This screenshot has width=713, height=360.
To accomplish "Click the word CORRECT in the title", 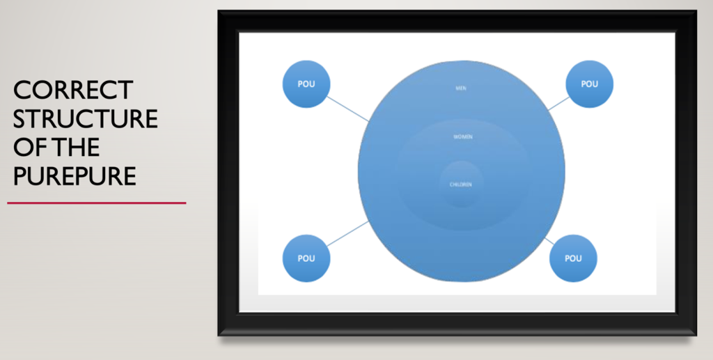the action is pos(73,90).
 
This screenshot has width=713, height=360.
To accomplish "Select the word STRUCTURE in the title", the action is pos(86,118).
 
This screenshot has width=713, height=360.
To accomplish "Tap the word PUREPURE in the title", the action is pos(75,176).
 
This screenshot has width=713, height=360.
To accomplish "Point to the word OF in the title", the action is pos(27,148).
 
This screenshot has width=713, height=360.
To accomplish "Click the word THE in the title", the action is pos(70,148).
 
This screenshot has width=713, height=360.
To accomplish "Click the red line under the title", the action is pos(97,203).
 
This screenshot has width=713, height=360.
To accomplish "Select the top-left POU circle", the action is pos(306,84).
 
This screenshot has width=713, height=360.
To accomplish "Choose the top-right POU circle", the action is pos(589,84).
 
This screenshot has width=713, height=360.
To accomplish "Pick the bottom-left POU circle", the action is pos(306,258).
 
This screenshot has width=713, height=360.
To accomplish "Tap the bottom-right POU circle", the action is pos(573,258).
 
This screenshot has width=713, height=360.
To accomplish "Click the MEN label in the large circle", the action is pos(461,88).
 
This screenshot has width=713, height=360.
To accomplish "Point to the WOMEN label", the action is pos(463,136).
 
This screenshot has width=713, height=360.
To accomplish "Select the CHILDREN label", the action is pos(461,185).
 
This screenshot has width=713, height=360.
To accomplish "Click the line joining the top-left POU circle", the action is pos(348,109).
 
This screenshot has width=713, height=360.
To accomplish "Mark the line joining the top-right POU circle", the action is pos(559,103).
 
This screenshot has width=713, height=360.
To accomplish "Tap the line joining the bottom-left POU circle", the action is pos(348,234).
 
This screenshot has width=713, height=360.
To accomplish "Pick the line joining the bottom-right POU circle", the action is pos(549,241).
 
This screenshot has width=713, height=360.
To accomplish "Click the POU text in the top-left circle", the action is pos(306,84).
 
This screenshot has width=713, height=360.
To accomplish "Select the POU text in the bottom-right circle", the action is pos(573,258).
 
